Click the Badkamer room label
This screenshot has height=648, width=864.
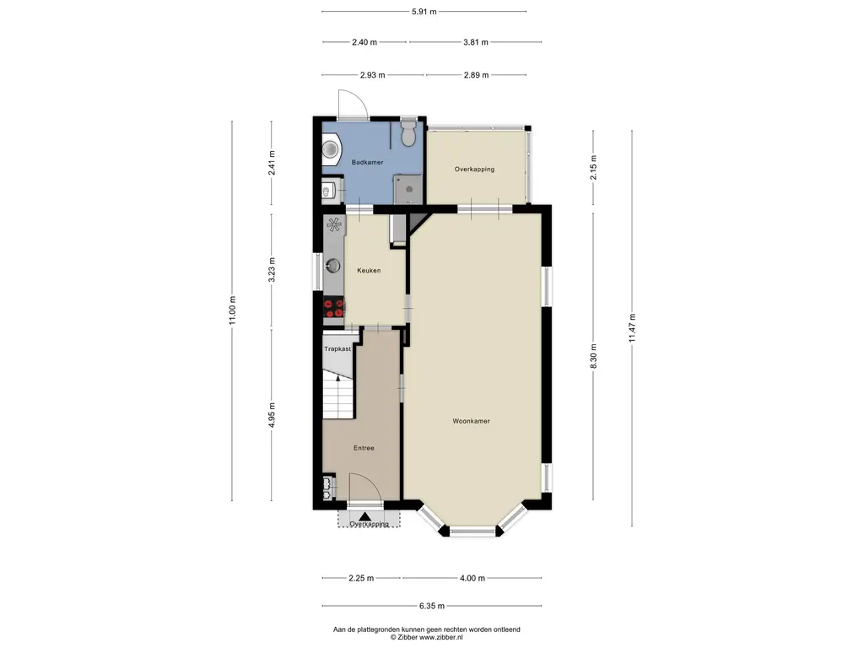tap(368, 163)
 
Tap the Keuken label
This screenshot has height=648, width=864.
tap(369, 271)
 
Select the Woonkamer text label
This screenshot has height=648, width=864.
tap(471, 421)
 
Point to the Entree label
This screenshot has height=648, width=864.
tap(364, 448)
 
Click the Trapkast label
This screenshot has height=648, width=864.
tap(337, 348)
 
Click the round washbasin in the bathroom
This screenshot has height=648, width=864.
tap(331, 148)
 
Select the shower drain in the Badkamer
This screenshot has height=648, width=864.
tap(409, 189)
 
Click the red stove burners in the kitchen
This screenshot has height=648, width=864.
tap(334, 309)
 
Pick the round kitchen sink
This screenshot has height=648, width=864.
tap(332, 266)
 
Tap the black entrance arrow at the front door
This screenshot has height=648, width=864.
tap(364, 516)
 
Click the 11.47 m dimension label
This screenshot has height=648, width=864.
tap(632, 328)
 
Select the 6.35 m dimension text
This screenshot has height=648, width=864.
tap(432, 606)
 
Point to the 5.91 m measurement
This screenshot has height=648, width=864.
tap(424, 12)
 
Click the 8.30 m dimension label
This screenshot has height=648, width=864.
tap(593, 356)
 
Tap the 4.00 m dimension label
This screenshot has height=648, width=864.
tap(472, 578)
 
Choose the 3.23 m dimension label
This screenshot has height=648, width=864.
tap(271, 269)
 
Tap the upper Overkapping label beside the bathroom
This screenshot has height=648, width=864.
tap(474, 169)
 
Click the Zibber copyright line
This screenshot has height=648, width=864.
tap(426, 637)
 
